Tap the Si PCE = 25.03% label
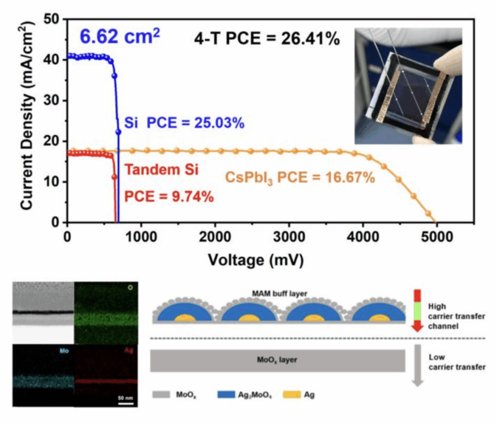click(184, 123)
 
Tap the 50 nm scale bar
click(127, 401)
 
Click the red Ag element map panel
click(106, 375)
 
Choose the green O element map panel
click(106, 312)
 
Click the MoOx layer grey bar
click(278, 361)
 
